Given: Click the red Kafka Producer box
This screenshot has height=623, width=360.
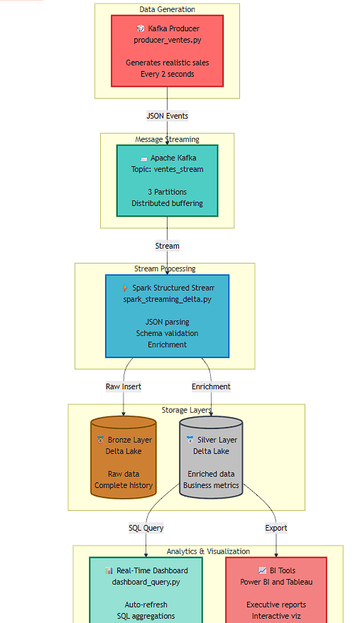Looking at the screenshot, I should click(167, 50).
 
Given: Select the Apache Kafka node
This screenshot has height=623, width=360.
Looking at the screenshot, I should click(167, 180).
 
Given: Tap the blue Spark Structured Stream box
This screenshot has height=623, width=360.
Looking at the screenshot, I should click(167, 316).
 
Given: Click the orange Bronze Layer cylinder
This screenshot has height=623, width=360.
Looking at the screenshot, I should click(124, 458).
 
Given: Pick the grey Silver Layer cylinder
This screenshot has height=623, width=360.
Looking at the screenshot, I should click(211, 458).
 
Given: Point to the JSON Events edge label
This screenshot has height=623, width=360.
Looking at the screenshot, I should click(167, 115).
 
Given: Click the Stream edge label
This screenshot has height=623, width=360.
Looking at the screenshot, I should click(167, 246).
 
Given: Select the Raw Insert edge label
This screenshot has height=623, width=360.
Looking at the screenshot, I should click(124, 386).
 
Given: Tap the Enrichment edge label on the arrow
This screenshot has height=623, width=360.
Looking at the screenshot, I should click(211, 386).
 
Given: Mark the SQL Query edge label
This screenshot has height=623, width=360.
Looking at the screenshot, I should click(146, 528).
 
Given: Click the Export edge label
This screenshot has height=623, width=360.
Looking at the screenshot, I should click(276, 528).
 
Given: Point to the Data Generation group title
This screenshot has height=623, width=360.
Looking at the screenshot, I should click(167, 9).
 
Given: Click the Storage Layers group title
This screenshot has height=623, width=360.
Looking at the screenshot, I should click(186, 411).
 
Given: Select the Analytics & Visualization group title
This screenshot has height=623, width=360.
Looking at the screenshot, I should click(207, 551).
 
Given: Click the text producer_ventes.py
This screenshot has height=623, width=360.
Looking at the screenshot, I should click(167, 40).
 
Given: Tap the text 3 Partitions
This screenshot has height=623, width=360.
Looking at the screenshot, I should click(167, 192).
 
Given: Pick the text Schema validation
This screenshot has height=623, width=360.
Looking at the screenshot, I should click(167, 333).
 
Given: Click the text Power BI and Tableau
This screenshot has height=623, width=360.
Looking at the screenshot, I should click(276, 582).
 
